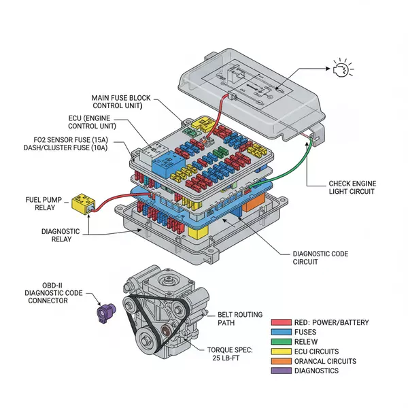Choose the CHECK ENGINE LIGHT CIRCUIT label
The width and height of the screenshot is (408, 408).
point(352,188)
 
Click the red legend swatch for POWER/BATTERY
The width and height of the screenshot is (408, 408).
point(281,322)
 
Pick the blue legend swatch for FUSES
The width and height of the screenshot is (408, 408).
point(281,332)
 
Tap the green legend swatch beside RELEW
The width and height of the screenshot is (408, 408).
point(281,341)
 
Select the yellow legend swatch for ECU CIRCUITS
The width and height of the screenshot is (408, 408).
point(281,352)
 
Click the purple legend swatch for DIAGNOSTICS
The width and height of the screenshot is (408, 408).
point(281,371)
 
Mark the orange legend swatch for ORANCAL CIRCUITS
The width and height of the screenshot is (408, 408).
point(281,361)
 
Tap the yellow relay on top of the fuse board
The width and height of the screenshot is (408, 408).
point(202,124)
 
